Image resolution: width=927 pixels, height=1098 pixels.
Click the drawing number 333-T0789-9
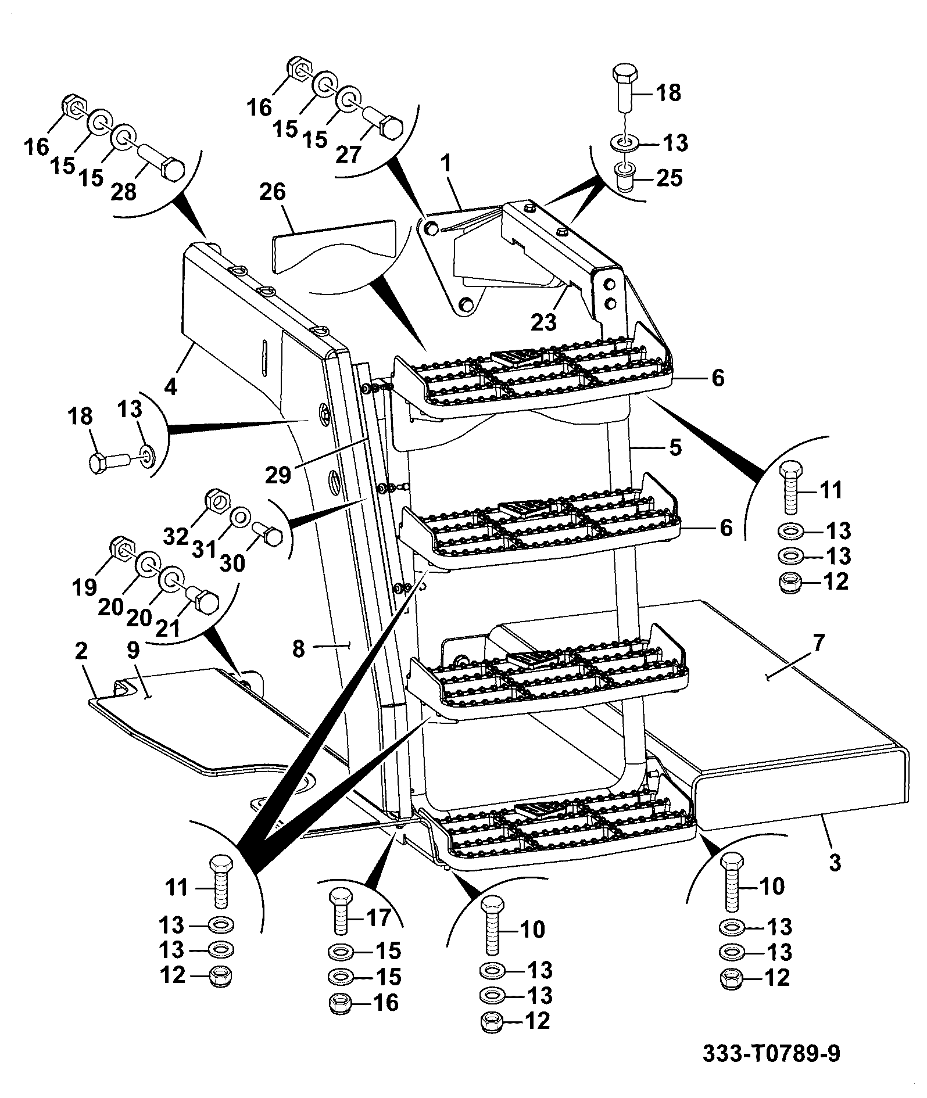[771, 1053]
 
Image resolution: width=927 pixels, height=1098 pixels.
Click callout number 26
[273, 192]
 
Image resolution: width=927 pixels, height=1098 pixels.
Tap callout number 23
[544, 322]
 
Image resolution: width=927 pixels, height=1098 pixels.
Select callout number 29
[278, 475]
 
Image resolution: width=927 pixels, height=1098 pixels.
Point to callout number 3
[835, 862]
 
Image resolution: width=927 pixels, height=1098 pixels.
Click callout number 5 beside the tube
[675, 448]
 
